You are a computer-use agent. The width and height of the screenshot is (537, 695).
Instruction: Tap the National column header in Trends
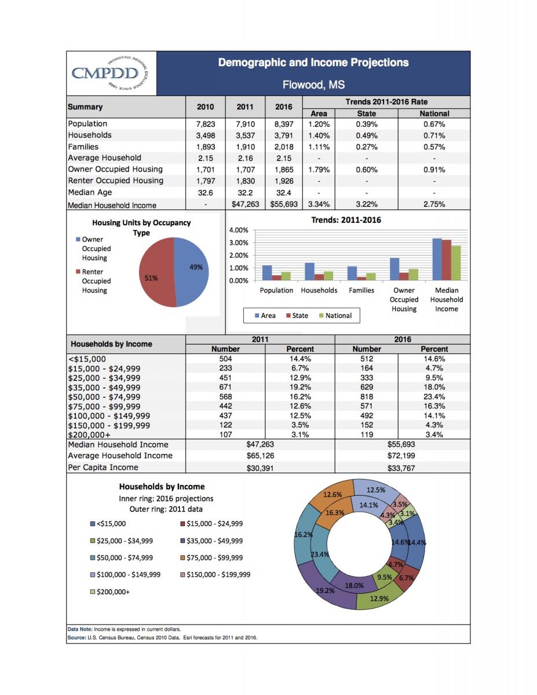(x=434, y=114)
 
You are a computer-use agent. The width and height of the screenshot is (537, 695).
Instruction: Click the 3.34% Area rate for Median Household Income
(x=319, y=204)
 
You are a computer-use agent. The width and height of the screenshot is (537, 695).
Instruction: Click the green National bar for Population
(x=285, y=276)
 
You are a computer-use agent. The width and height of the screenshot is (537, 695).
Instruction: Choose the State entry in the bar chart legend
(x=297, y=316)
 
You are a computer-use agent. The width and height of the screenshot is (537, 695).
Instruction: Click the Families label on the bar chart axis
(x=361, y=290)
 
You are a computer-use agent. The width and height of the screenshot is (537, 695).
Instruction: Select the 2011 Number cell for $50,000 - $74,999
(x=225, y=397)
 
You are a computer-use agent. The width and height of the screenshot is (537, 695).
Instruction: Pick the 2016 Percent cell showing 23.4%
(x=434, y=397)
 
